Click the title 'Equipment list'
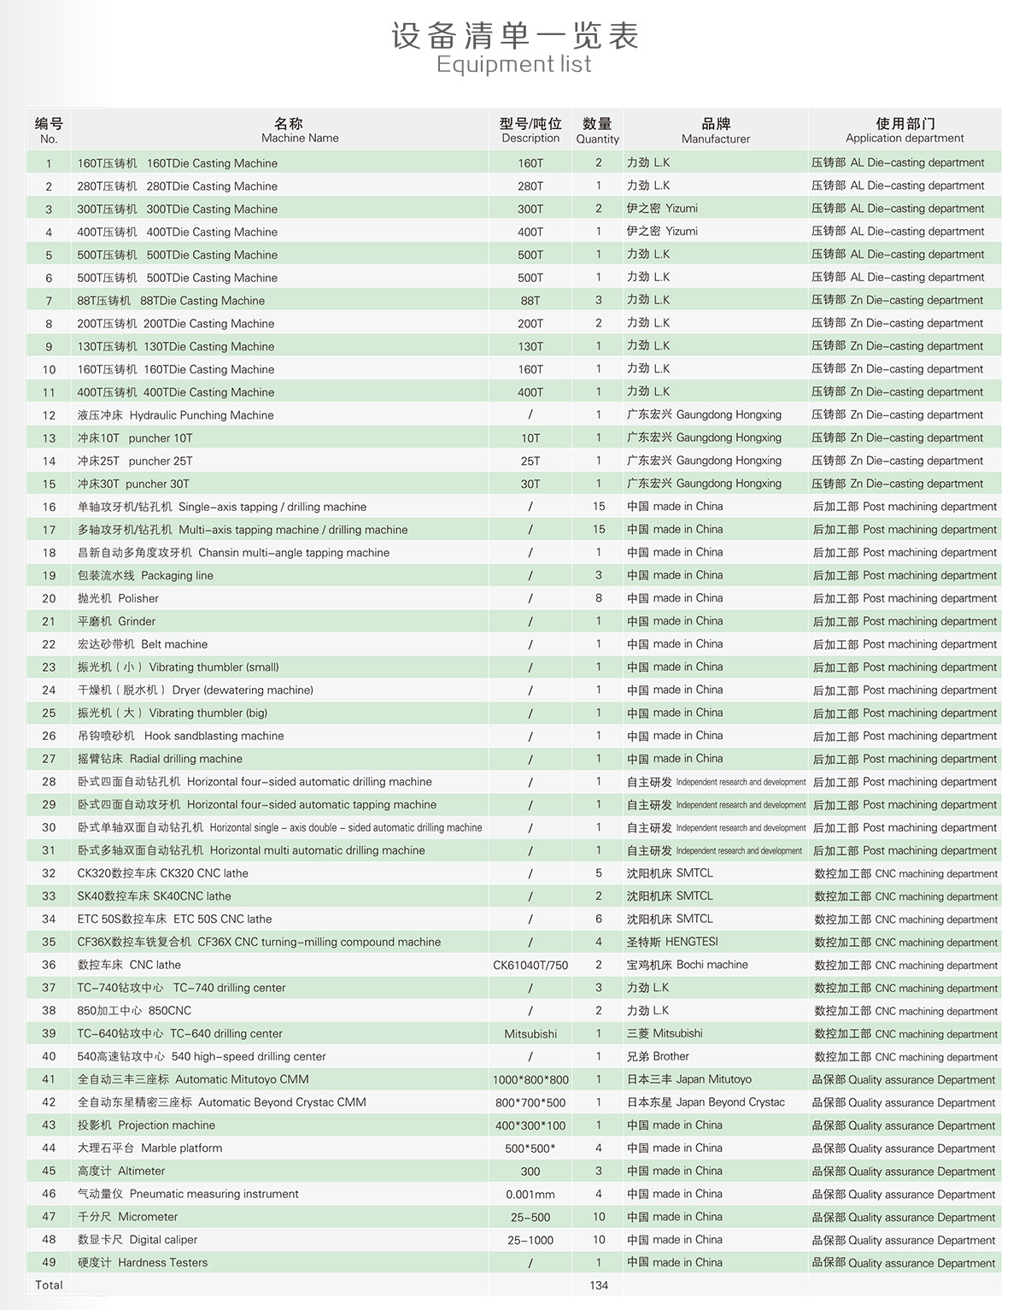click(x=513, y=64)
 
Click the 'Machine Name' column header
click(x=300, y=138)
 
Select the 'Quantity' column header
click(x=597, y=138)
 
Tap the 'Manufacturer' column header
click(x=716, y=138)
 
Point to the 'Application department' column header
click(x=905, y=138)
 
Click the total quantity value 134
click(x=599, y=1285)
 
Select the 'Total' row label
click(x=49, y=1285)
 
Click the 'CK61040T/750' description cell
click(x=530, y=965)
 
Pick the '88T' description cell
click(x=530, y=301)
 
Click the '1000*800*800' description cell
click(x=530, y=1079)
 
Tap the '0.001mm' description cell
click(x=530, y=1194)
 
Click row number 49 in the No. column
click(x=49, y=1263)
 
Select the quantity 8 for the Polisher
click(x=599, y=598)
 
